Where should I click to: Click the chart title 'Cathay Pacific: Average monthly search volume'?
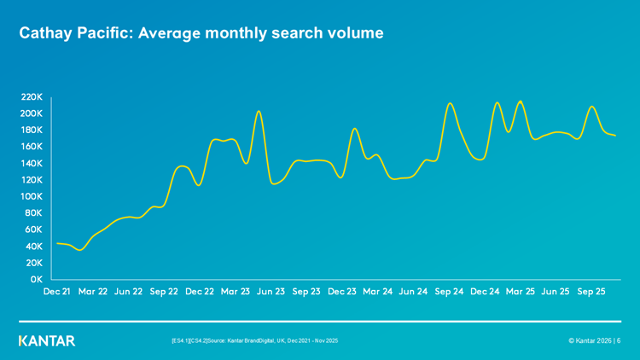(x=201, y=33)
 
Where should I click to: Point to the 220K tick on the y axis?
(x=31, y=97)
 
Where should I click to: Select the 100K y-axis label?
(x=31, y=196)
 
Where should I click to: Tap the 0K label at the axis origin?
(x=35, y=279)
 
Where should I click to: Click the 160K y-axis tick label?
(x=31, y=147)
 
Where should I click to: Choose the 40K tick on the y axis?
(x=33, y=247)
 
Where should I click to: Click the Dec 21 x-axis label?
(x=56, y=292)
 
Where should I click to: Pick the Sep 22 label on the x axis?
(x=164, y=292)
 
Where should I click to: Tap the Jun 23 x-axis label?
(x=271, y=292)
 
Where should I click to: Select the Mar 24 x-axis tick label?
(x=377, y=292)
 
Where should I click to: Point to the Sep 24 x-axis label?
(x=449, y=292)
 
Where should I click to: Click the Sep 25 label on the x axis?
(x=591, y=292)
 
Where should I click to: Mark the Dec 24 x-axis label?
(x=485, y=292)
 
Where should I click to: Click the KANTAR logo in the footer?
(x=47, y=340)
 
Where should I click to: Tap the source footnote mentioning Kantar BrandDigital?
(x=254, y=340)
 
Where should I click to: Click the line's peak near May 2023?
(x=259, y=111)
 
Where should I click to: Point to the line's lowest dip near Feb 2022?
(x=80, y=250)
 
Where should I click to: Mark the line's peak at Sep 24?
(x=451, y=103)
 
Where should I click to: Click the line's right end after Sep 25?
(x=615, y=136)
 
